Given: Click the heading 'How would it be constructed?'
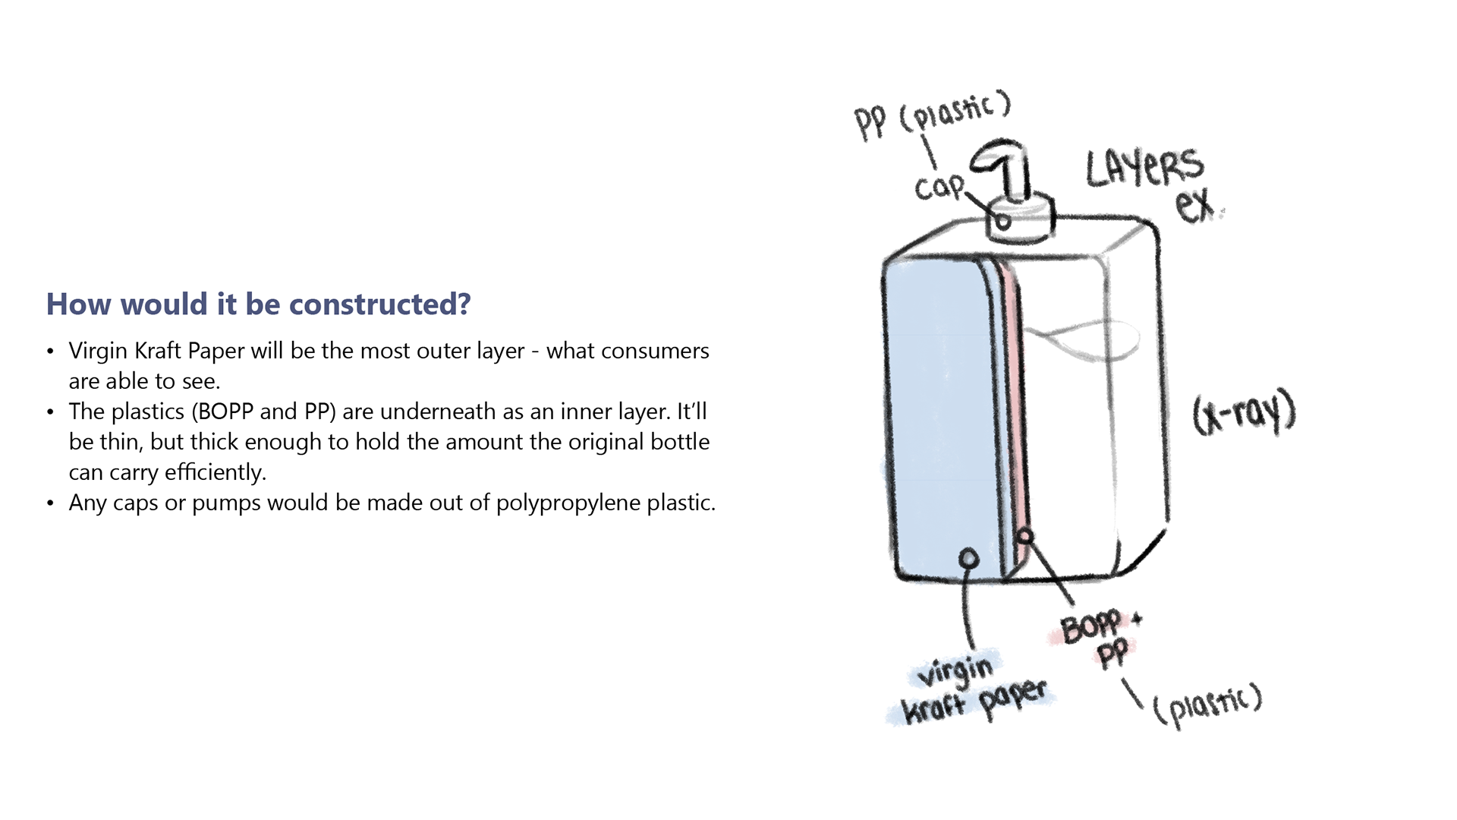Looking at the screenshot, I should (258, 304).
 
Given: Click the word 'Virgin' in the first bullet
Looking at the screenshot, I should (98, 351).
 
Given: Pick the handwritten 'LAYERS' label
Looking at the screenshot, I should (1144, 168).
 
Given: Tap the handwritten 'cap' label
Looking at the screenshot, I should (938, 187).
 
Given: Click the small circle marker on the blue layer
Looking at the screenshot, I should (968, 560).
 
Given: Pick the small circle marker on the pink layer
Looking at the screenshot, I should (1025, 537).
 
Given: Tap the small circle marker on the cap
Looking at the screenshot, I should (1002, 222).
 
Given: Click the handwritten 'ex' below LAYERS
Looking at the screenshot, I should (1195, 205).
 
